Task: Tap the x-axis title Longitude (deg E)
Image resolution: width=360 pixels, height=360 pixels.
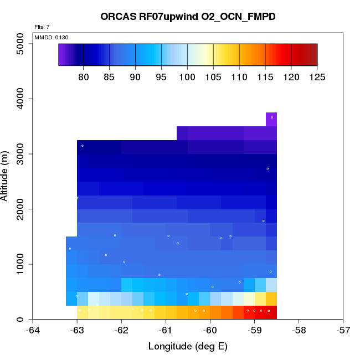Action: point(188,347)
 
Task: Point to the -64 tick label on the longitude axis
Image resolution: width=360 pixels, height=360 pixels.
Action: point(33,331)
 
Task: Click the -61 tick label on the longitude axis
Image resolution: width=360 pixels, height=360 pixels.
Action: point(166,331)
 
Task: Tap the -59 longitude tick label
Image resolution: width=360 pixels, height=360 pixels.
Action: point(255,331)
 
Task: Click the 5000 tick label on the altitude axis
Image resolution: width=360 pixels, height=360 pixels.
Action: point(21,44)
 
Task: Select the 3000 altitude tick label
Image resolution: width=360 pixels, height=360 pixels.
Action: point(21,154)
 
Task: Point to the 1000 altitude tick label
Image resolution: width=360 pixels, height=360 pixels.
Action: point(21,264)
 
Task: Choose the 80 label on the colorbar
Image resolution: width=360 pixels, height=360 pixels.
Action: point(84,78)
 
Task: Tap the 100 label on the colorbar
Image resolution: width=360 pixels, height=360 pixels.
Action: point(187,78)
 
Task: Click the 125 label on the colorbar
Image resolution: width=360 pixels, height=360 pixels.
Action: point(317,78)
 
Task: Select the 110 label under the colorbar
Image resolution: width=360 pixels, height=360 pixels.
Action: point(239,78)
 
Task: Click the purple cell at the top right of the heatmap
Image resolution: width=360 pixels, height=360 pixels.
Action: point(271,120)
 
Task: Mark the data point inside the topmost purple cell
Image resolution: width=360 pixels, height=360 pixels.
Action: point(272,117)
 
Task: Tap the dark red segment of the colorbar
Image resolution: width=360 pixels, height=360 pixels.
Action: point(307,54)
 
